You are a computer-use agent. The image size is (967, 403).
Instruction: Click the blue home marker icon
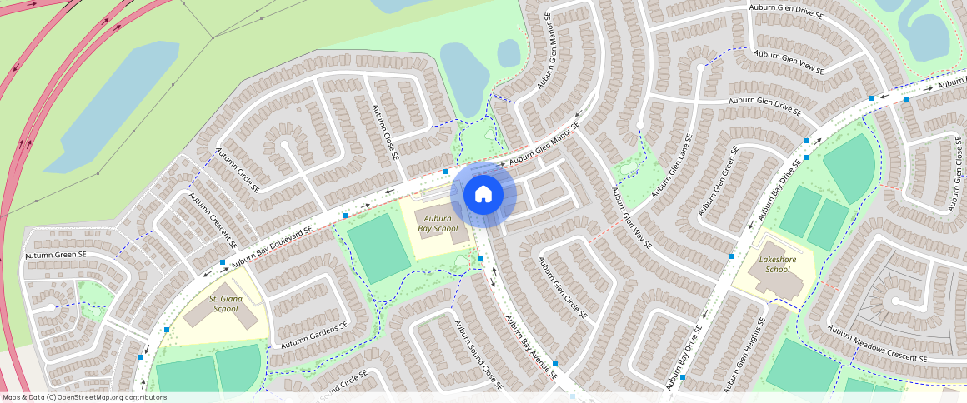click(x=483, y=194)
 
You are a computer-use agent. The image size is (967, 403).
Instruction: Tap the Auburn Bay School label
click(x=438, y=223)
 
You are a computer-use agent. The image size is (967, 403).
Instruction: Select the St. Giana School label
click(x=224, y=303)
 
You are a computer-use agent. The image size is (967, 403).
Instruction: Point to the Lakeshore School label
click(x=777, y=264)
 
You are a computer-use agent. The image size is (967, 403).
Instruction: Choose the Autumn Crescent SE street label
click(x=212, y=221)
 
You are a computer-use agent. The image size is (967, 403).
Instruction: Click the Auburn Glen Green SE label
click(x=719, y=183)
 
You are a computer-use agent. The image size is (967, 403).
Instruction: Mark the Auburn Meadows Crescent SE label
click(x=877, y=343)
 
